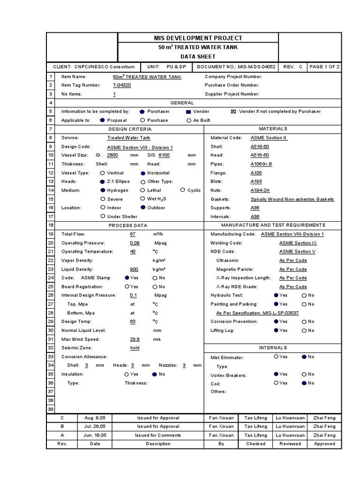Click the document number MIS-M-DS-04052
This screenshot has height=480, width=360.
pyautogui.click(x=259, y=67)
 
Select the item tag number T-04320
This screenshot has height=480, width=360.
pyautogui.click(x=122, y=85)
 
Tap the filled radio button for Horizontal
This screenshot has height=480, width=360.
pyautogui.click(x=143, y=173)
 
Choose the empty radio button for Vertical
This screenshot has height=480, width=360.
pyautogui.click(x=103, y=173)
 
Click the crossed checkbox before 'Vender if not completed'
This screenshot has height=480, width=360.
pyautogui.click(x=233, y=112)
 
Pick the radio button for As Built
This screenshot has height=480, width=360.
pyautogui.click(x=189, y=120)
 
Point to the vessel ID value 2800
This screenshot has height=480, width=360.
pyautogui.click(x=112, y=155)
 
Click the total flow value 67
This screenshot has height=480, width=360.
pyautogui.click(x=133, y=234)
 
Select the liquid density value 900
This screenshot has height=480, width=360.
pyautogui.click(x=134, y=269)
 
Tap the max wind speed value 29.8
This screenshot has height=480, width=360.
pyautogui.click(x=135, y=339)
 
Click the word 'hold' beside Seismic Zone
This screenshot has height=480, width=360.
pyautogui.click(x=135, y=348)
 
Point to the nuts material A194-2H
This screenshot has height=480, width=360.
pyautogui.click(x=260, y=190)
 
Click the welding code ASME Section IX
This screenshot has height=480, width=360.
pyautogui.click(x=298, y=243)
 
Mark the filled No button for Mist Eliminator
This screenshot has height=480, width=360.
pyautogui.click(x=304, y=357)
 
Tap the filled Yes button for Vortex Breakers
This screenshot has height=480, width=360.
pyautogui.click(x=276, y=374)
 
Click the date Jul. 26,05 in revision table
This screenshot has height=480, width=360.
pyautogui.click(x=95, y=427)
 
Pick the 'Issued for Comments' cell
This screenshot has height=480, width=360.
pyautogui.click(x=158, y=435)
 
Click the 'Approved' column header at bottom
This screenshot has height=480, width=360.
pyautogui.click(x=324, y=444)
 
